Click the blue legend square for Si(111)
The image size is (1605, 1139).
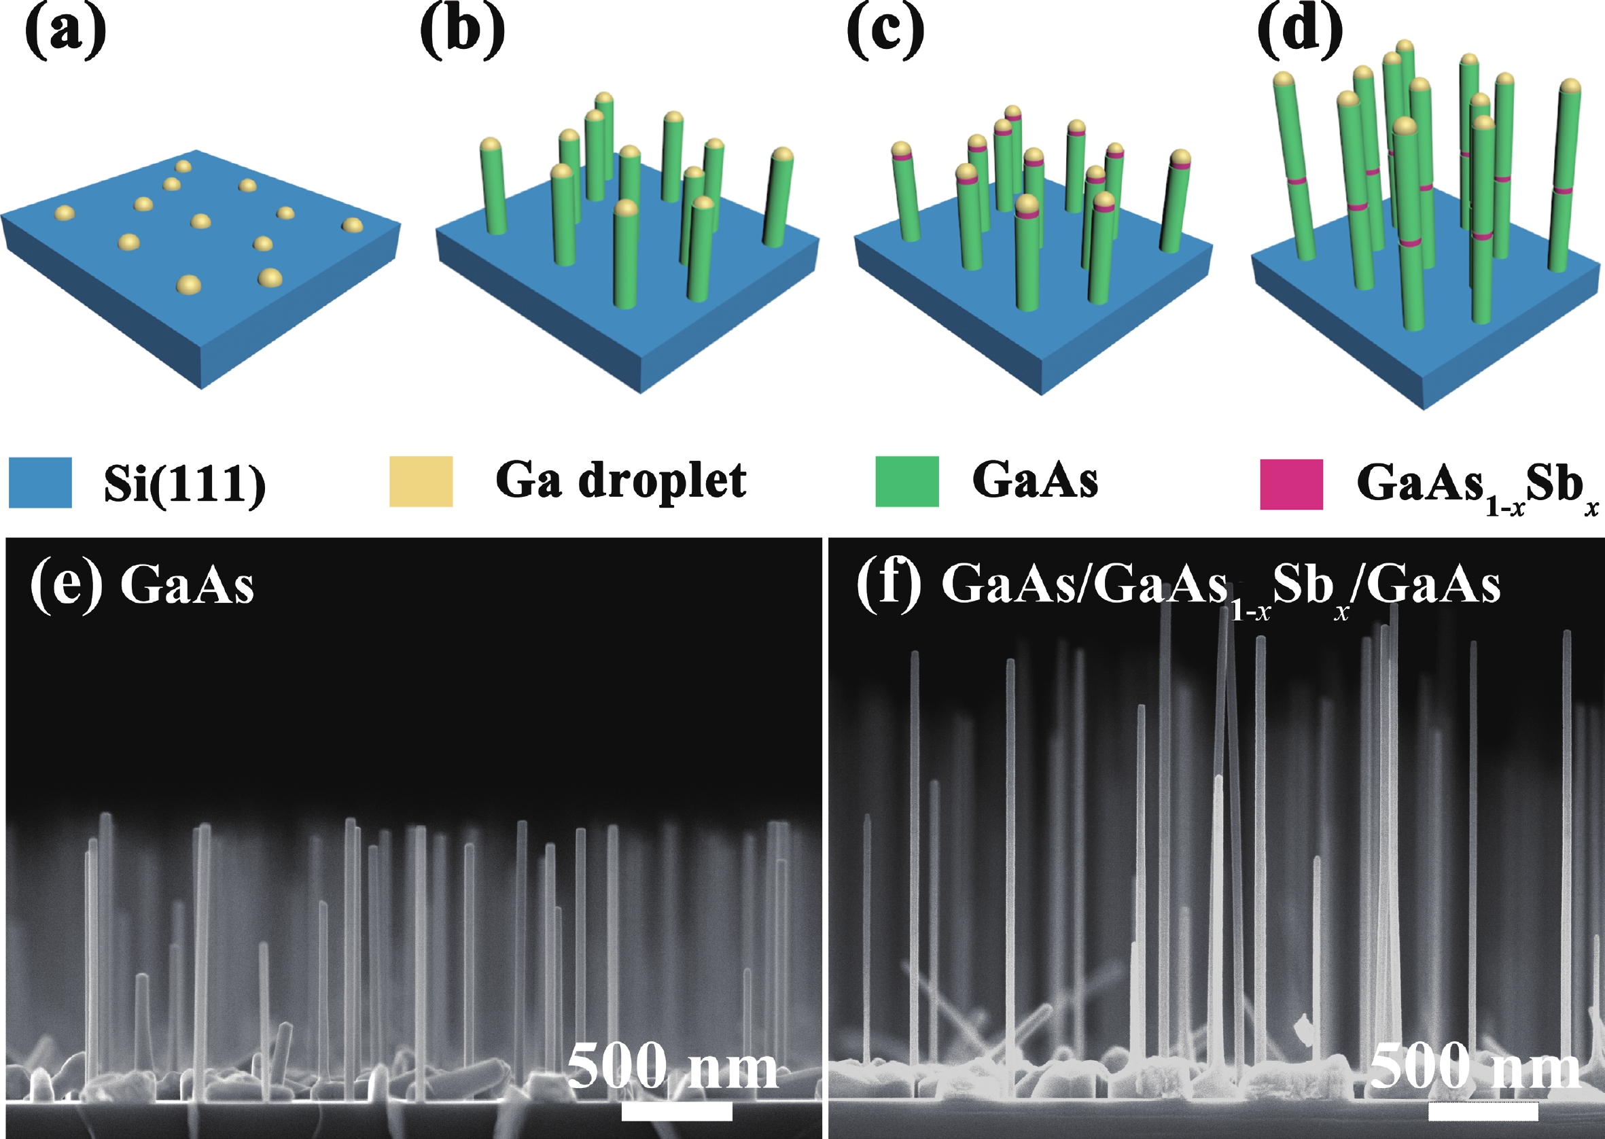[x=40, y=482]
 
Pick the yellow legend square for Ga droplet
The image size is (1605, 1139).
[x=421, y=481]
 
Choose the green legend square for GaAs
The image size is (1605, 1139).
[x=906, y=481]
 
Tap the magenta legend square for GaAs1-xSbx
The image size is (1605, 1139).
[x=1291, y=484]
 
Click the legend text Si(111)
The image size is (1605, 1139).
[x=185, y=483]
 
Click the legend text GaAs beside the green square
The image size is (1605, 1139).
[x=1034, y=480]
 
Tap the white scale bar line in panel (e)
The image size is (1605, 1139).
[x=677, y=1111]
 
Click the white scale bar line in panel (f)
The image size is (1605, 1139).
[x=1483, y=1111]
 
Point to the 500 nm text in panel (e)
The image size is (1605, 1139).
[x=672, y=1066]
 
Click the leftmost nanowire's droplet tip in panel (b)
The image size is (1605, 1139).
[x=490, y=145]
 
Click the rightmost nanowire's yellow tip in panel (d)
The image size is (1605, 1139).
[x=1570, y=86]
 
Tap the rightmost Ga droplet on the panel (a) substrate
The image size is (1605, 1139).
[x=352, y=224]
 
